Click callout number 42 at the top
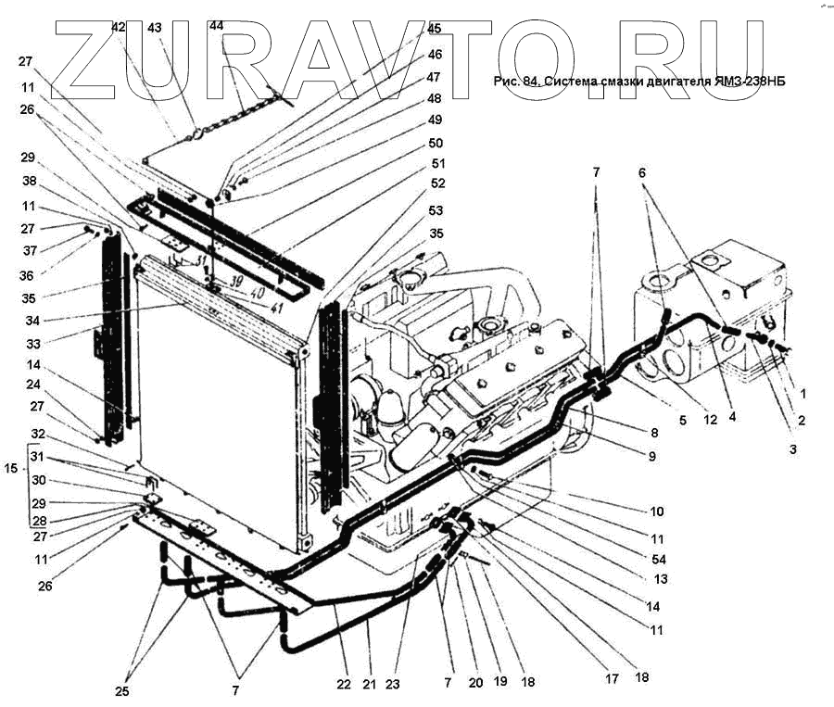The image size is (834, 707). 118,28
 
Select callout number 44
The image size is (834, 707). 216,26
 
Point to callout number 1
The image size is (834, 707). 803,394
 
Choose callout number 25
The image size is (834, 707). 121,691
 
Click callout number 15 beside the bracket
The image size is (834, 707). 11,470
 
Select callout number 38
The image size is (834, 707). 30,183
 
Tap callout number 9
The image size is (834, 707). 651,456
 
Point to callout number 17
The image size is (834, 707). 612,679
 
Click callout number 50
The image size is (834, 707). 435,144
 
